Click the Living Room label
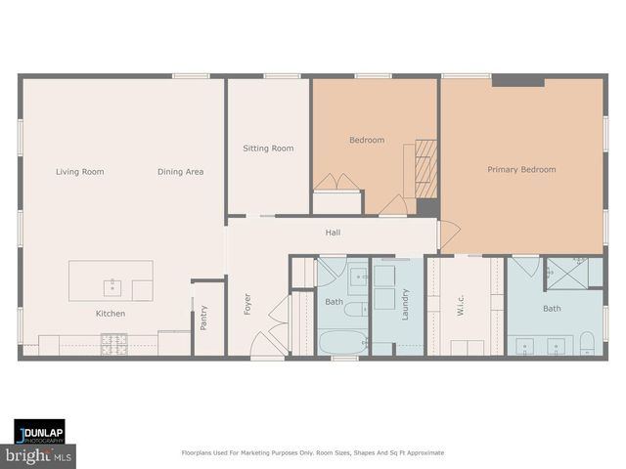tap(79, 172)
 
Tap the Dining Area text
tap(180, 172)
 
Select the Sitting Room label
tap(268, 149)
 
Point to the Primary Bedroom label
tap(521, 169)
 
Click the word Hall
tap(333, 233)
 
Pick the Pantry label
tap(203, 318)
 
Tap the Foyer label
tap(246, 304)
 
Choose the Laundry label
tap(405, 304)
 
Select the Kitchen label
tap(110, 314)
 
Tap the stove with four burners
tap(114, 344)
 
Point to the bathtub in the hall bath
tap(342, 343)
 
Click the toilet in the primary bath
tap(588, 342)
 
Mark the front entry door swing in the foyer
tap(259, 344)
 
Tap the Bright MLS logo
tap(38, 455)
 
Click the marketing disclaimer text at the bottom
tap(313, 452)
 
